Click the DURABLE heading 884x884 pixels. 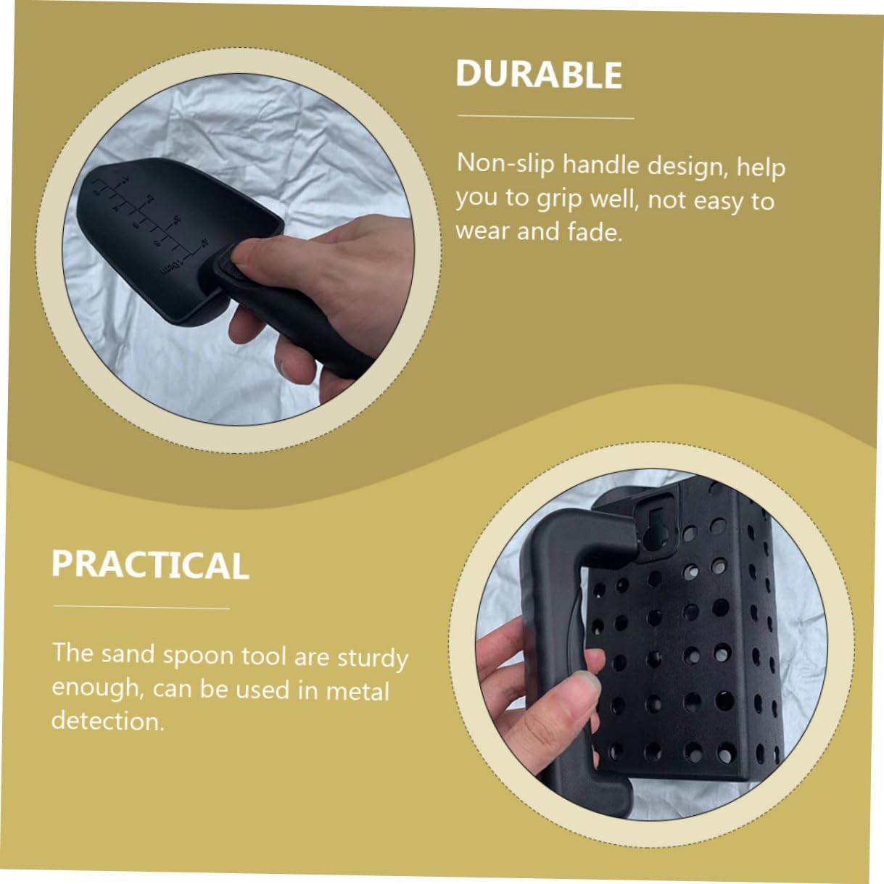(x=539, y=74)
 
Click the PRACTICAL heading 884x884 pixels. (x=150, y=564)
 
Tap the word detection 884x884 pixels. (x=108, y=721)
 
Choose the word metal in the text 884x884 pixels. (x=358, y=691)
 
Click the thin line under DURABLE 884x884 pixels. (x=546, y=117)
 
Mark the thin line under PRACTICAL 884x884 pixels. (x=141, y=607)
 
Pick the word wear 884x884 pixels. (x=482, y=231)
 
